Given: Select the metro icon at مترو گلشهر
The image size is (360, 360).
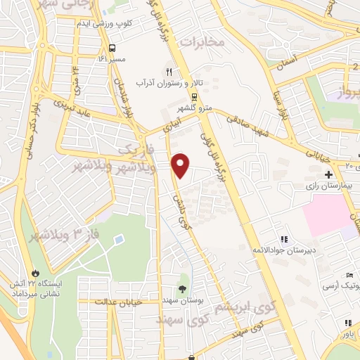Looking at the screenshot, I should [x=193, y=97].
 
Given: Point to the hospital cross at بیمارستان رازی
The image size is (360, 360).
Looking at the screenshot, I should [x=328, y=174].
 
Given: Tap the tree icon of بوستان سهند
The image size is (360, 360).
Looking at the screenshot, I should [x=183, y=289].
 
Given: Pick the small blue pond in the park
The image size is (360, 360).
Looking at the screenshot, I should [x=118, y=240].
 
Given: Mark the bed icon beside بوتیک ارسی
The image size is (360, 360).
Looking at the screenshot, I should [x=349, y=274].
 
